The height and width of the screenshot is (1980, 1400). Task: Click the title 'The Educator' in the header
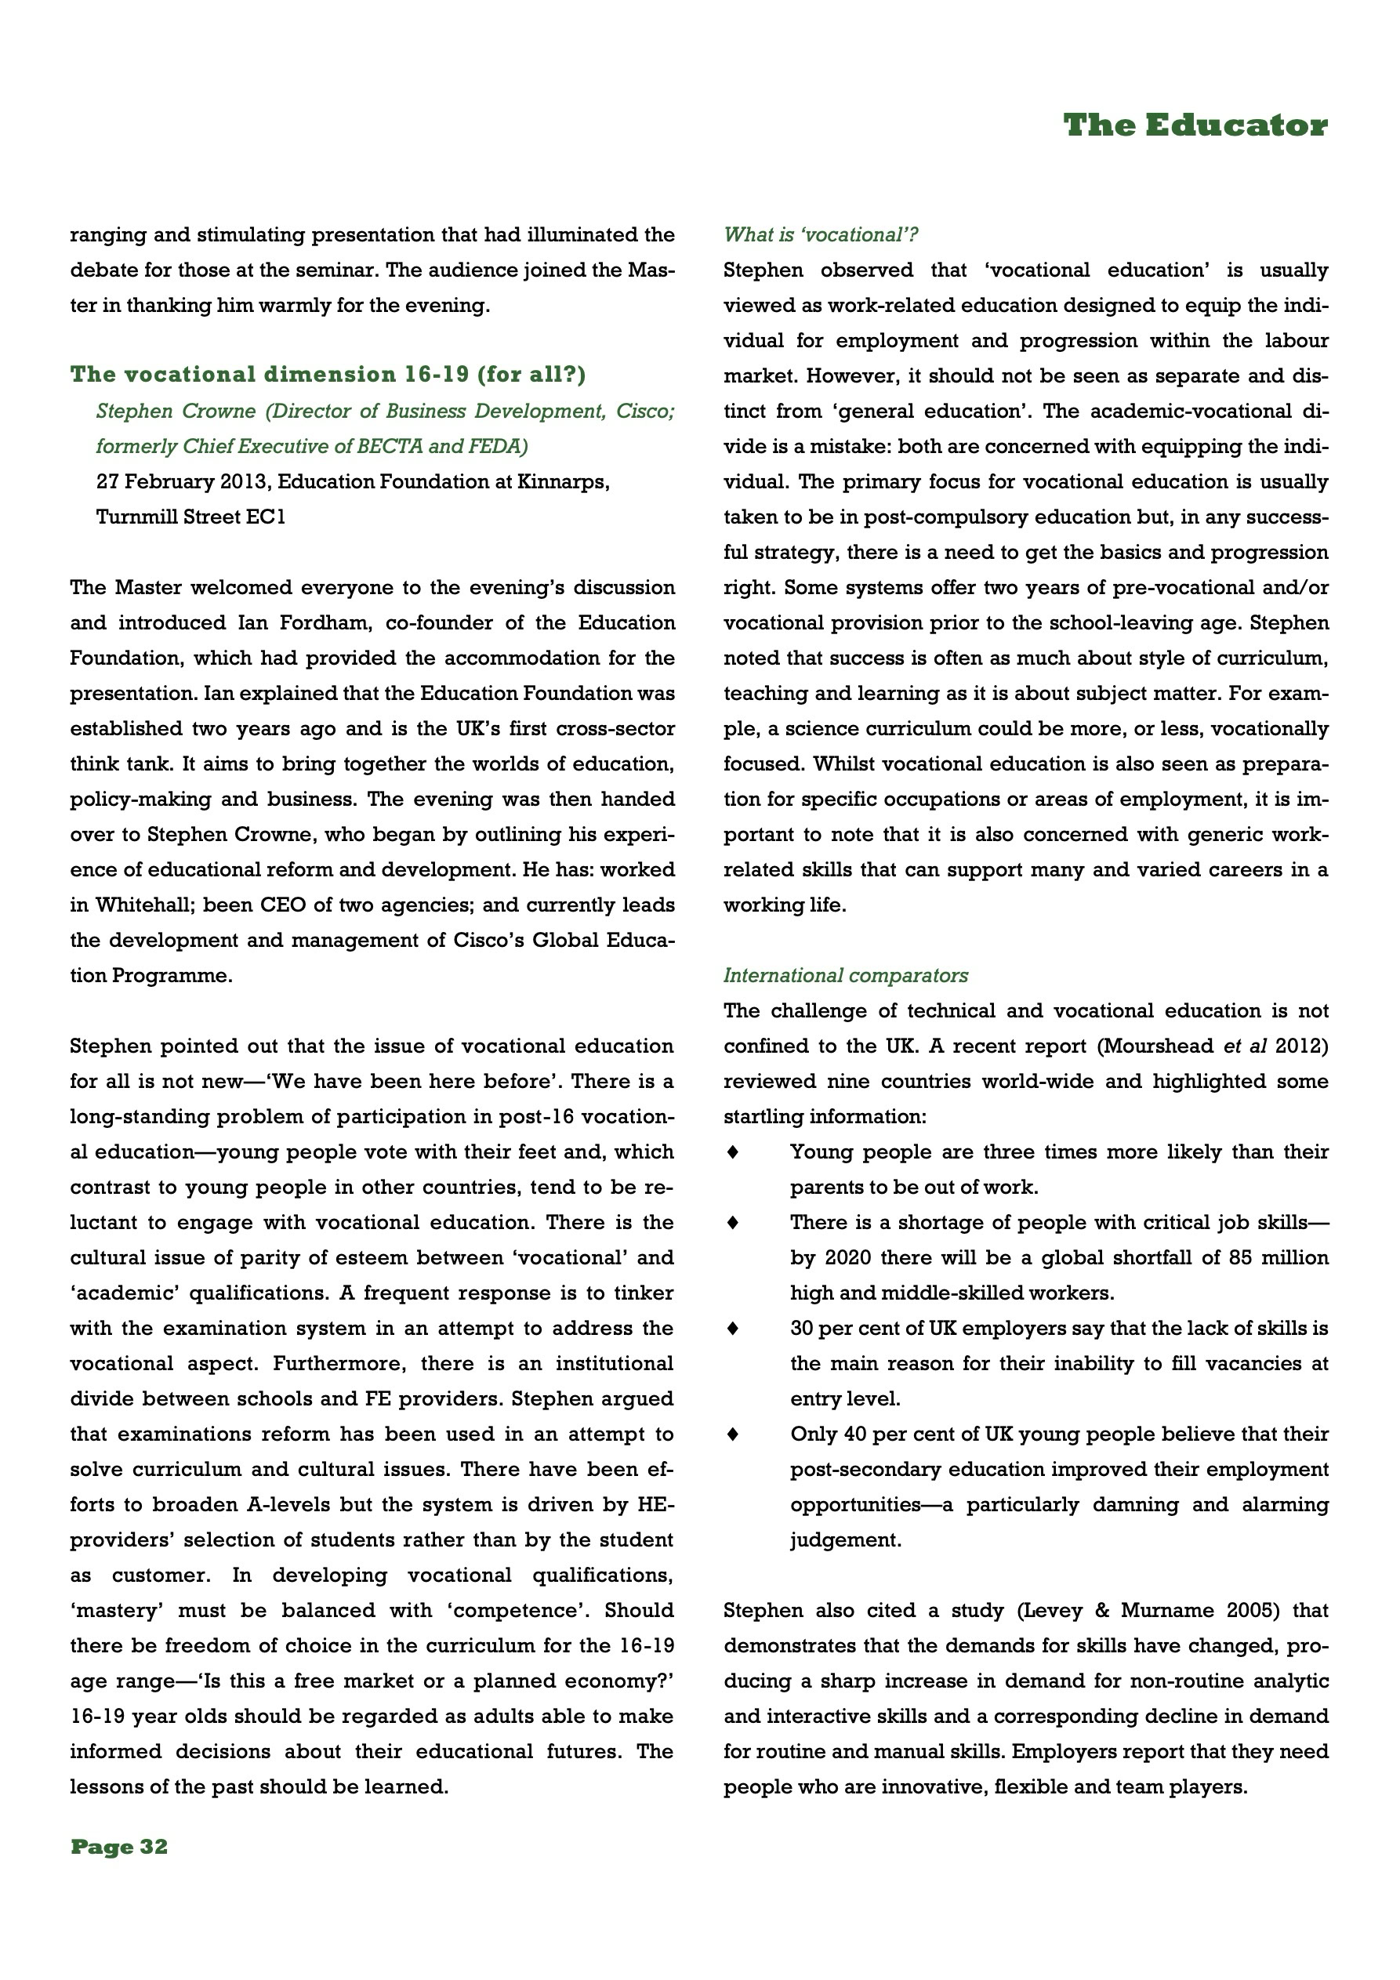[x=1195, y=126]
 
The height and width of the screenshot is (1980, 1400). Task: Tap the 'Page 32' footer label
[x=119, y=1846]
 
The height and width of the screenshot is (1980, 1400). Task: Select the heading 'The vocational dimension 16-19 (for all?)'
[x=328, y=374]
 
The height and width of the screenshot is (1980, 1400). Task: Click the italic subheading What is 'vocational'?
[x=821, y=234]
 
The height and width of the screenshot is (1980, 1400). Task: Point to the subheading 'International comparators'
[x=845, y=975]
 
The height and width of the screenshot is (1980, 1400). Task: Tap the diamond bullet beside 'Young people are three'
[x=733, y=1152]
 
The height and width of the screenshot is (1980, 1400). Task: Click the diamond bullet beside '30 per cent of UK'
[x=733, y=1329]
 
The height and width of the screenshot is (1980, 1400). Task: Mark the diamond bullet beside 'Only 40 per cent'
[x=733, y=1434]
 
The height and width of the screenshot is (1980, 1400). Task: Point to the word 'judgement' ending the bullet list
[x=845, y=1540]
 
